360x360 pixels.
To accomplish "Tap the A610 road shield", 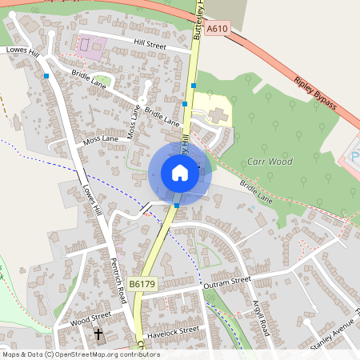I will [217, 29].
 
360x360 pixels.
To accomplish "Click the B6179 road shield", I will [142, 283].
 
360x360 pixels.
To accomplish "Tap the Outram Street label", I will [227, 282].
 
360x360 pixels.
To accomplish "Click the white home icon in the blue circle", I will [180, 174].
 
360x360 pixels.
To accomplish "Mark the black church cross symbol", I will [99, 334].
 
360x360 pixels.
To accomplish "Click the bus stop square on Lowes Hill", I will [47, 76].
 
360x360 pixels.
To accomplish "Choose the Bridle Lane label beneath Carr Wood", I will [256, 194].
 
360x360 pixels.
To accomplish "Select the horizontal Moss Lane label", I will [101, 139].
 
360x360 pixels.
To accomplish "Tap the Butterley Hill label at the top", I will [199, 19].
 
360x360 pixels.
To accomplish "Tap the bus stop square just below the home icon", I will [176, 206].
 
